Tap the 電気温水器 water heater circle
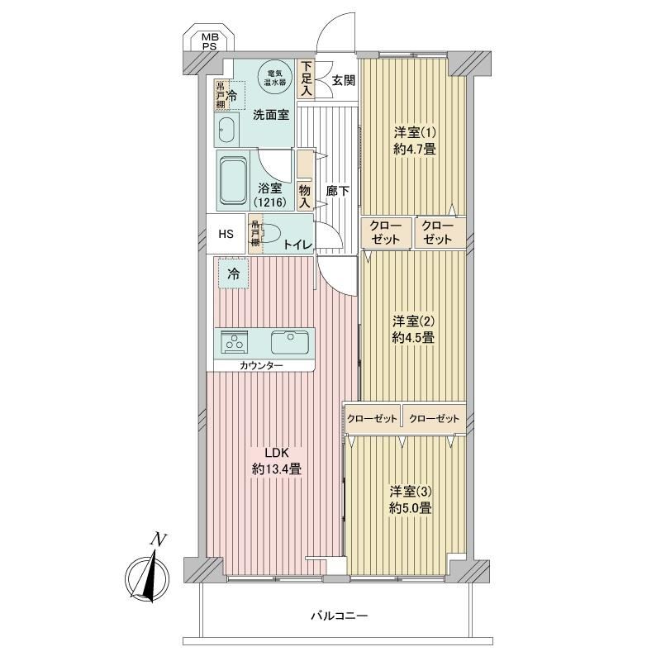pyautogui.click(x=275, y=78)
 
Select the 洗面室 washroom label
pyautogui.click(x=271, y=115)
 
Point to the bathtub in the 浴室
pyautogui.click(x=232, y=181)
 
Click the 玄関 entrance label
pyautogui.click(x=343, y=80)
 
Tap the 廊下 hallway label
pyautogui.click(x=338, y=191)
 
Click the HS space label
pyautogui.click(x=226, y=234)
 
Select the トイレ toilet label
pyautogui.click(x=297, y=245)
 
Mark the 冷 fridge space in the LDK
pyautogui.click(x=233, y=274)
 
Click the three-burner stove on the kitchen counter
pyautogui.click(x=234, y=342)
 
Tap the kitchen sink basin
pyautogui.click(x=290, y=342)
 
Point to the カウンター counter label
pyautogui.click(x=261, y=365)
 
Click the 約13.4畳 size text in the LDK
pyautogui.click(x=277, y=468)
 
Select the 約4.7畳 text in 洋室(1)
pyautogui.click(x=415, y=149)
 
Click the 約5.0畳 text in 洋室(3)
pyautogui.click(x=411, y=508)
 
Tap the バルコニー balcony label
pyautogui.click(x=340, y=616)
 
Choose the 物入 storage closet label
pyautogui.click(x=305, y=197)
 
